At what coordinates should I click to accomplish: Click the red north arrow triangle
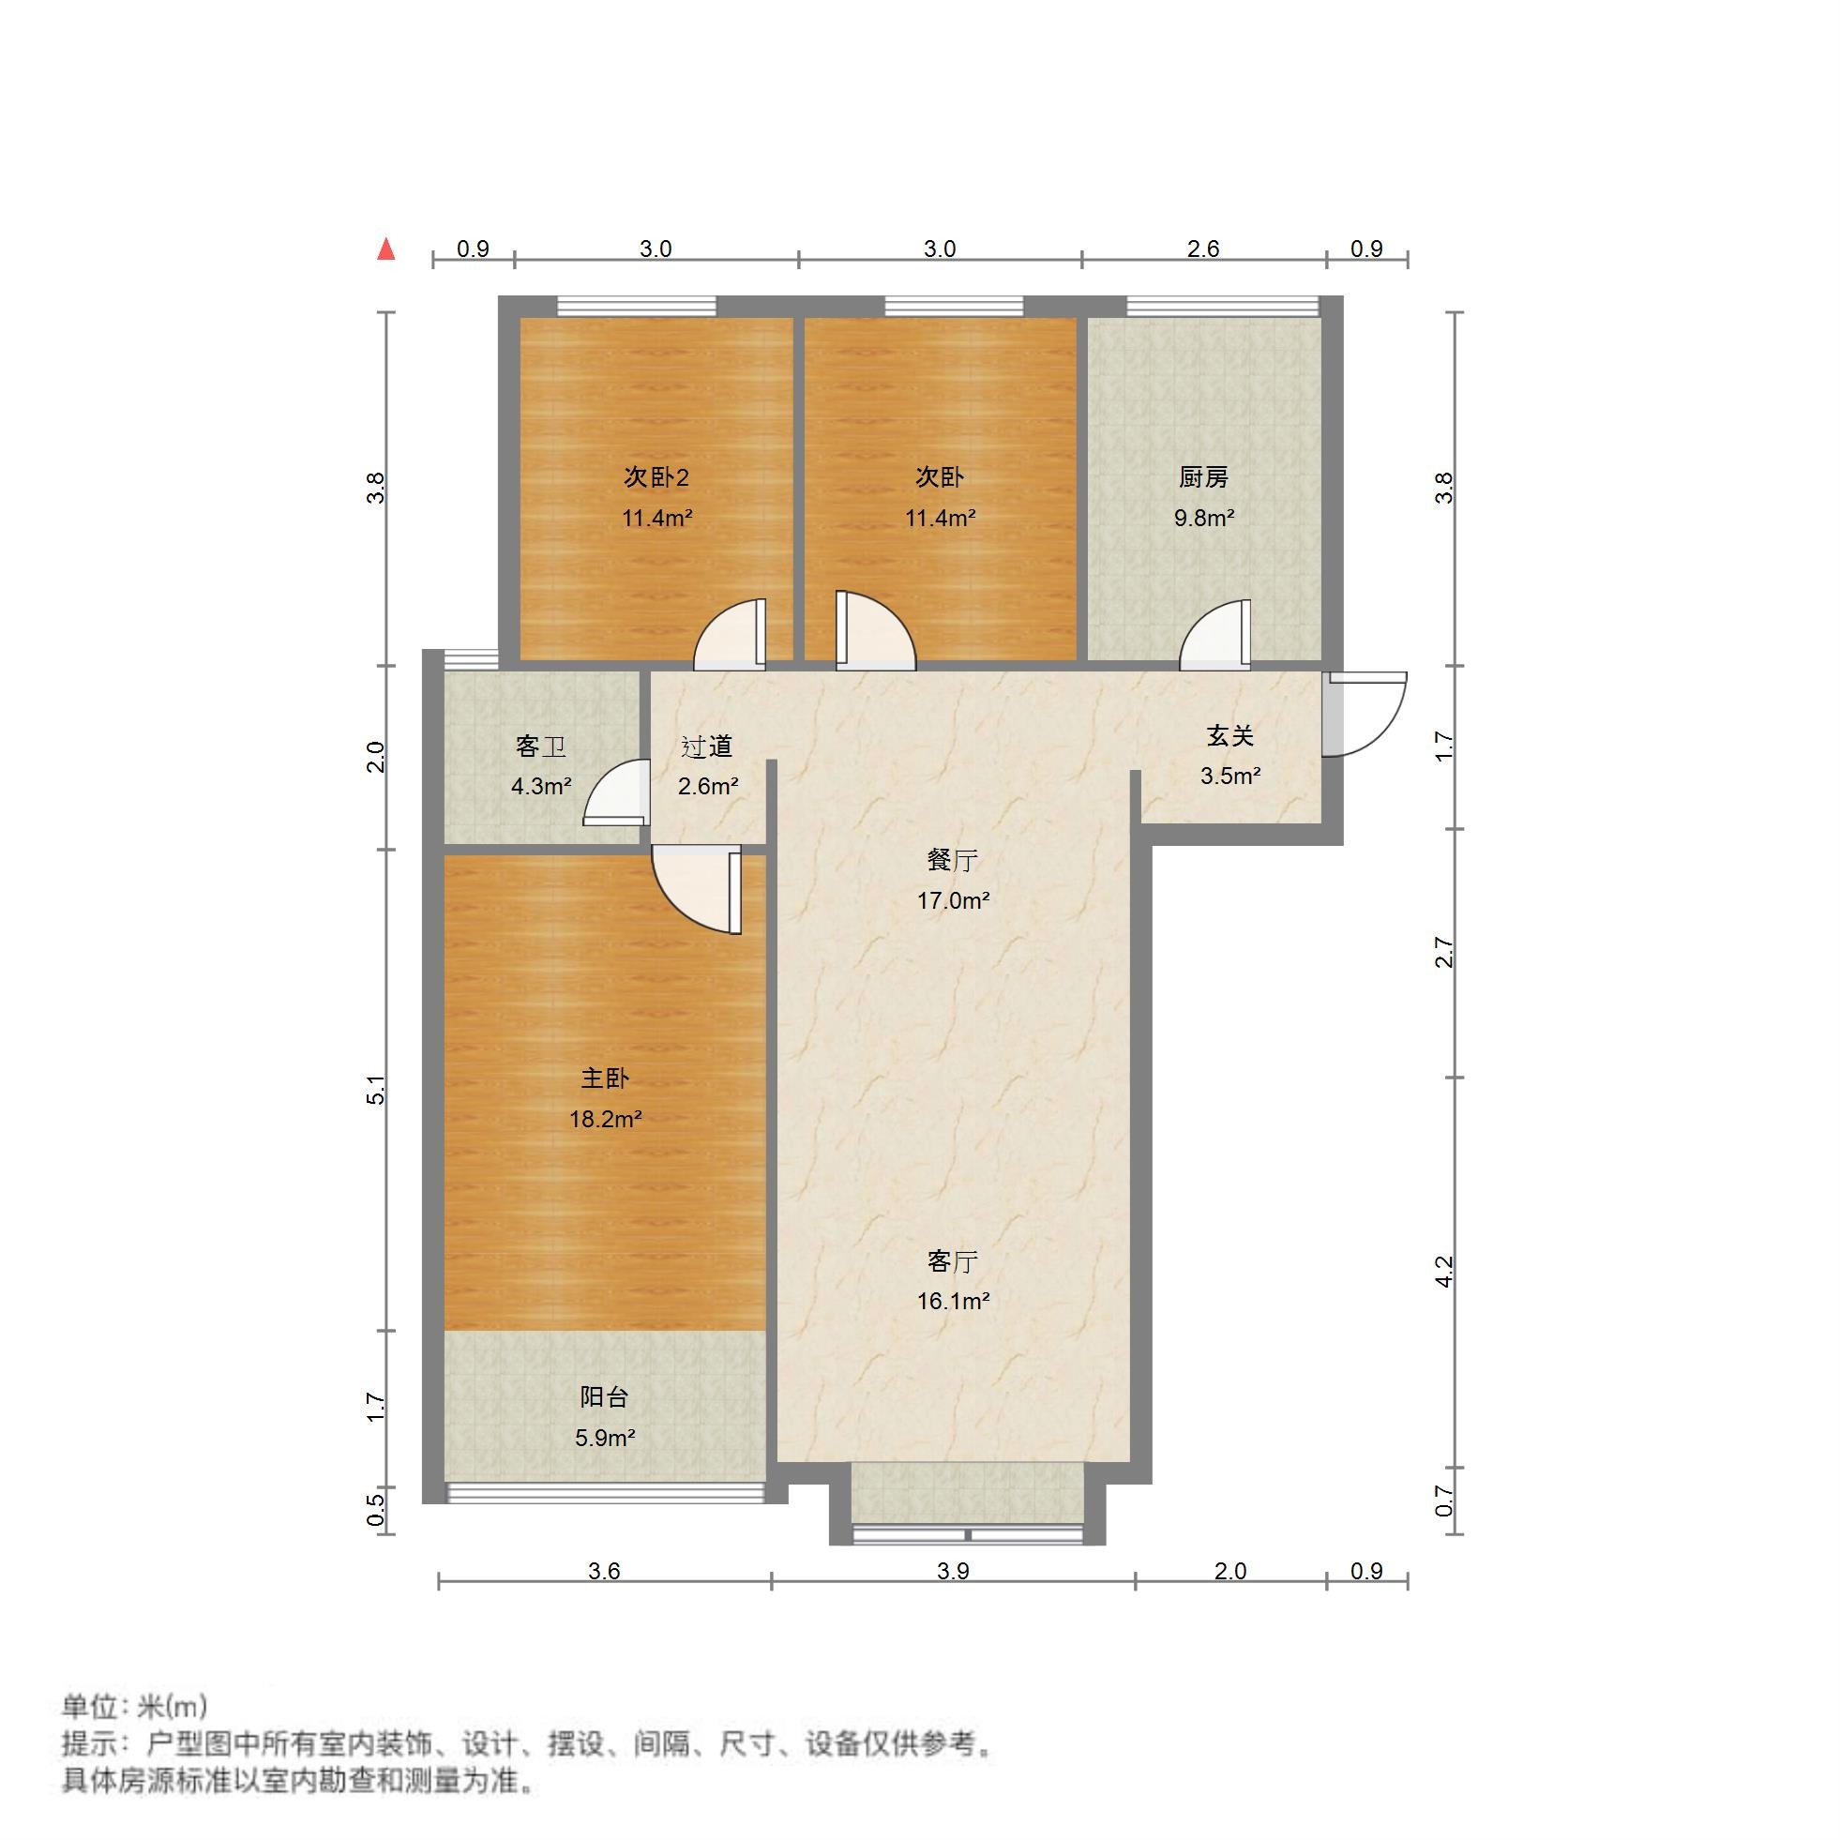[385, 249]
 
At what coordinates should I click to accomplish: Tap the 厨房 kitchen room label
[1204, 477]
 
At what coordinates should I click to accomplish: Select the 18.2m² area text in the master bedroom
[605, 1119]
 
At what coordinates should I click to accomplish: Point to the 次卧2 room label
[656, 477]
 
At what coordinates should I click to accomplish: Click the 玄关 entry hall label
[1229, 735]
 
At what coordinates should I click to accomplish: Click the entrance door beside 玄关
[1364, 715]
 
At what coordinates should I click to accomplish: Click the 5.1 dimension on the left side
[377, 1090]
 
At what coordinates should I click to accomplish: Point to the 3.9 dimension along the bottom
[953, 1572]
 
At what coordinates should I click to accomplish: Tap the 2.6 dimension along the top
[1203, 249]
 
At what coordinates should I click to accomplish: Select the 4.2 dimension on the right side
[1445, 1272]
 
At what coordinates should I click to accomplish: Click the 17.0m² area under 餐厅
[953, 900]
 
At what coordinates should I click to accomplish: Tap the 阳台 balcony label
[605, 1397]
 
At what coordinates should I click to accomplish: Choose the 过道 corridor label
[707, 747]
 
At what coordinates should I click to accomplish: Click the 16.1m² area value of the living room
[953, 1301]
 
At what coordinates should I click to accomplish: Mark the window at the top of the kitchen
[1223, 307]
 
